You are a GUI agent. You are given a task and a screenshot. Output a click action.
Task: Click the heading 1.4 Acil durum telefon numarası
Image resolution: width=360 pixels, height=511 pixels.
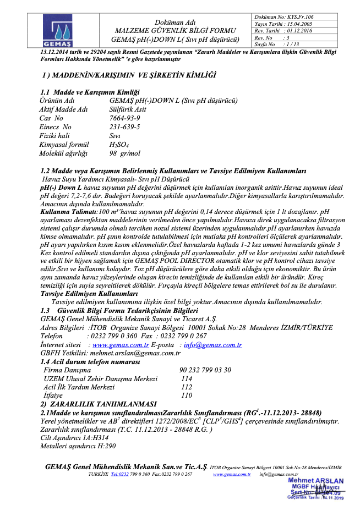pos(90,362)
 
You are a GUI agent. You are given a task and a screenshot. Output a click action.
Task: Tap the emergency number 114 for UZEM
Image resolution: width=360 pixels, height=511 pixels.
pos(187,378)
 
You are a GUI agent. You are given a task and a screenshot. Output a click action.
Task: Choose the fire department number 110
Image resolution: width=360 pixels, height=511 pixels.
pos(187,395)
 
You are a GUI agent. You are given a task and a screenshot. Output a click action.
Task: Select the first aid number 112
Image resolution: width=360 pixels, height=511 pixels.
pos(187,387)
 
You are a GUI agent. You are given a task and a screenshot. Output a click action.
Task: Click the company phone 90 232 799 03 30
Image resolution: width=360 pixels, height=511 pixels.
pos(205,370)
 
